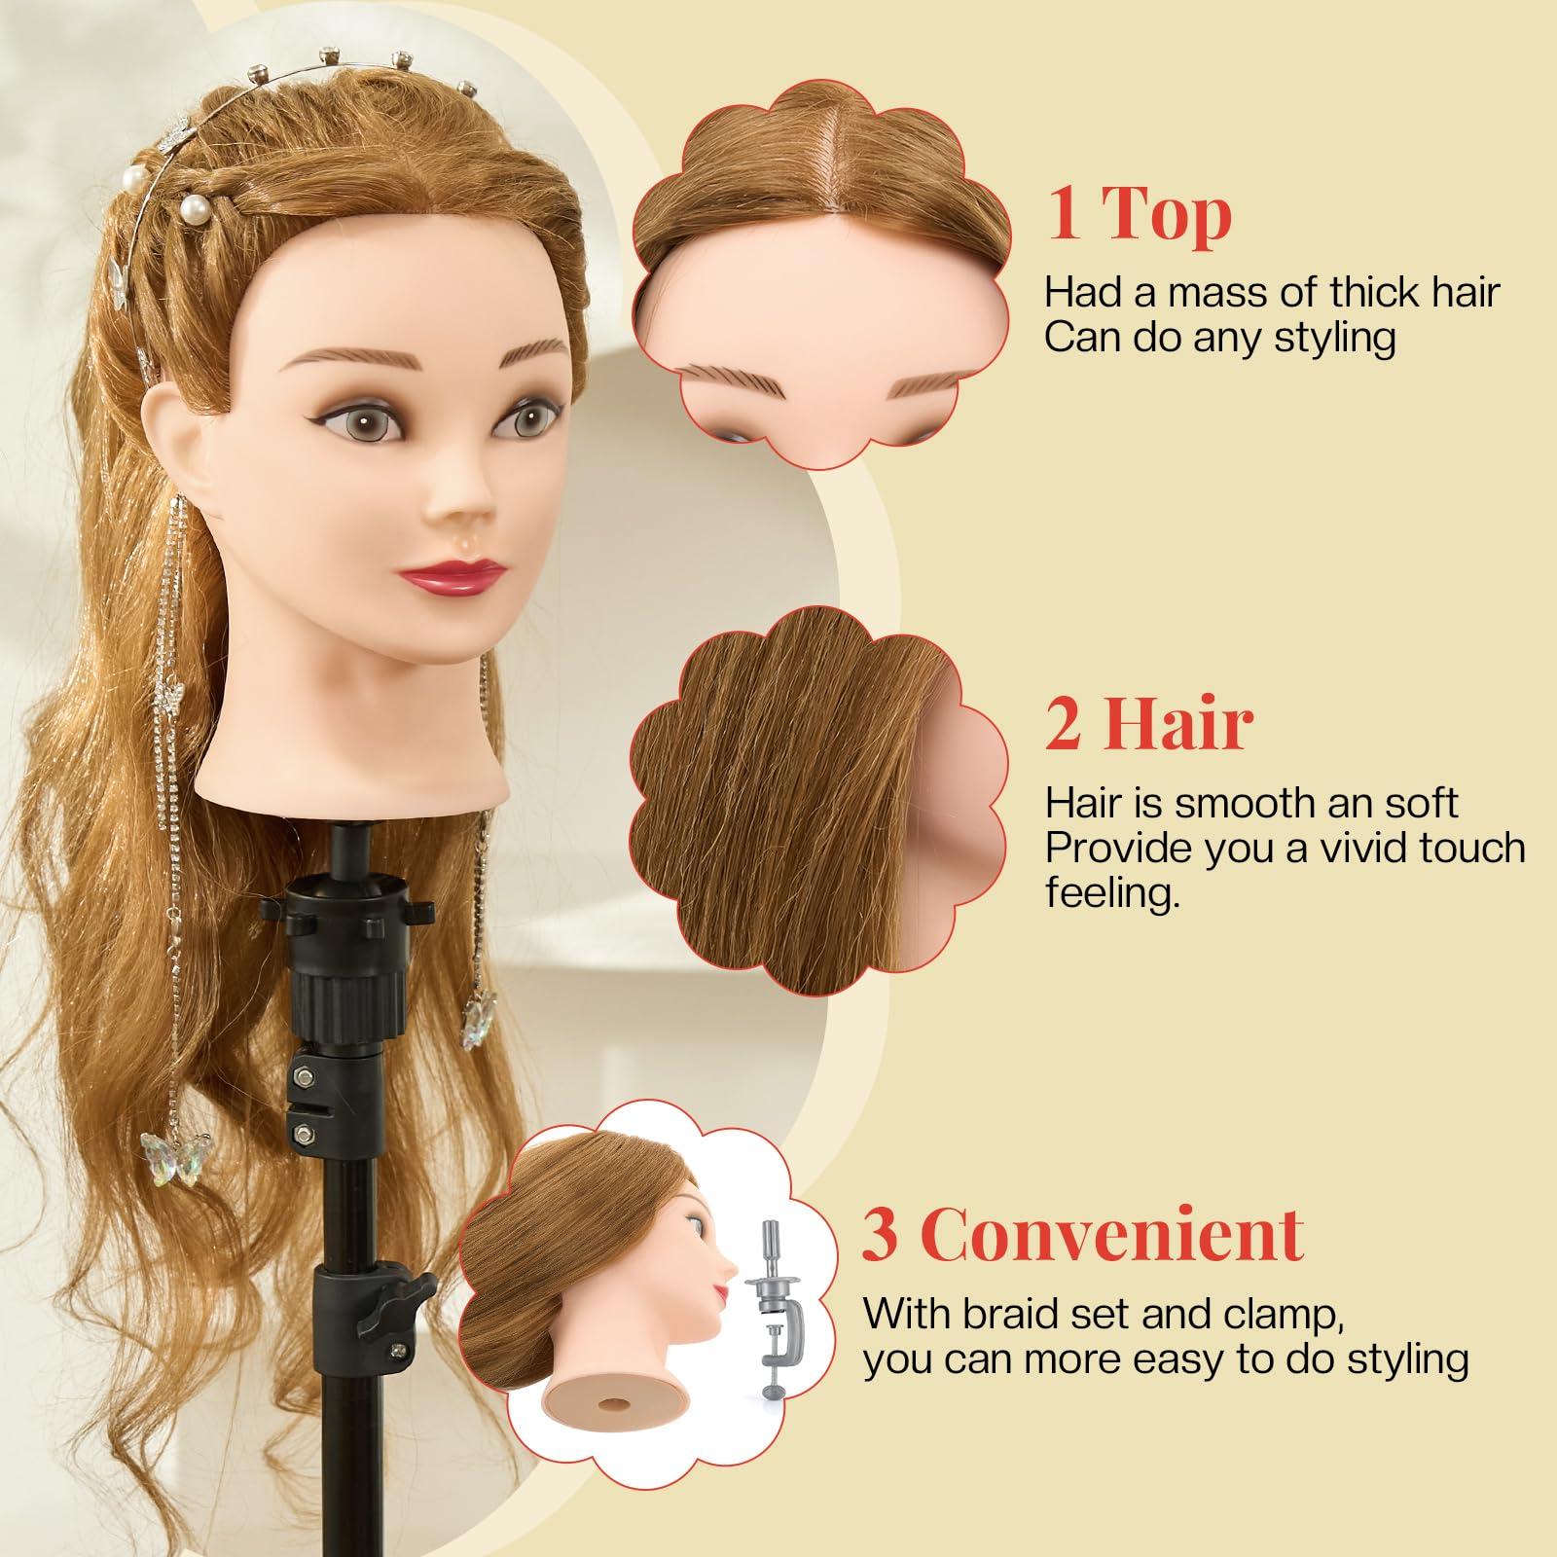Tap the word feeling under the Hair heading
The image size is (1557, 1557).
[x=1111, y=893]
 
